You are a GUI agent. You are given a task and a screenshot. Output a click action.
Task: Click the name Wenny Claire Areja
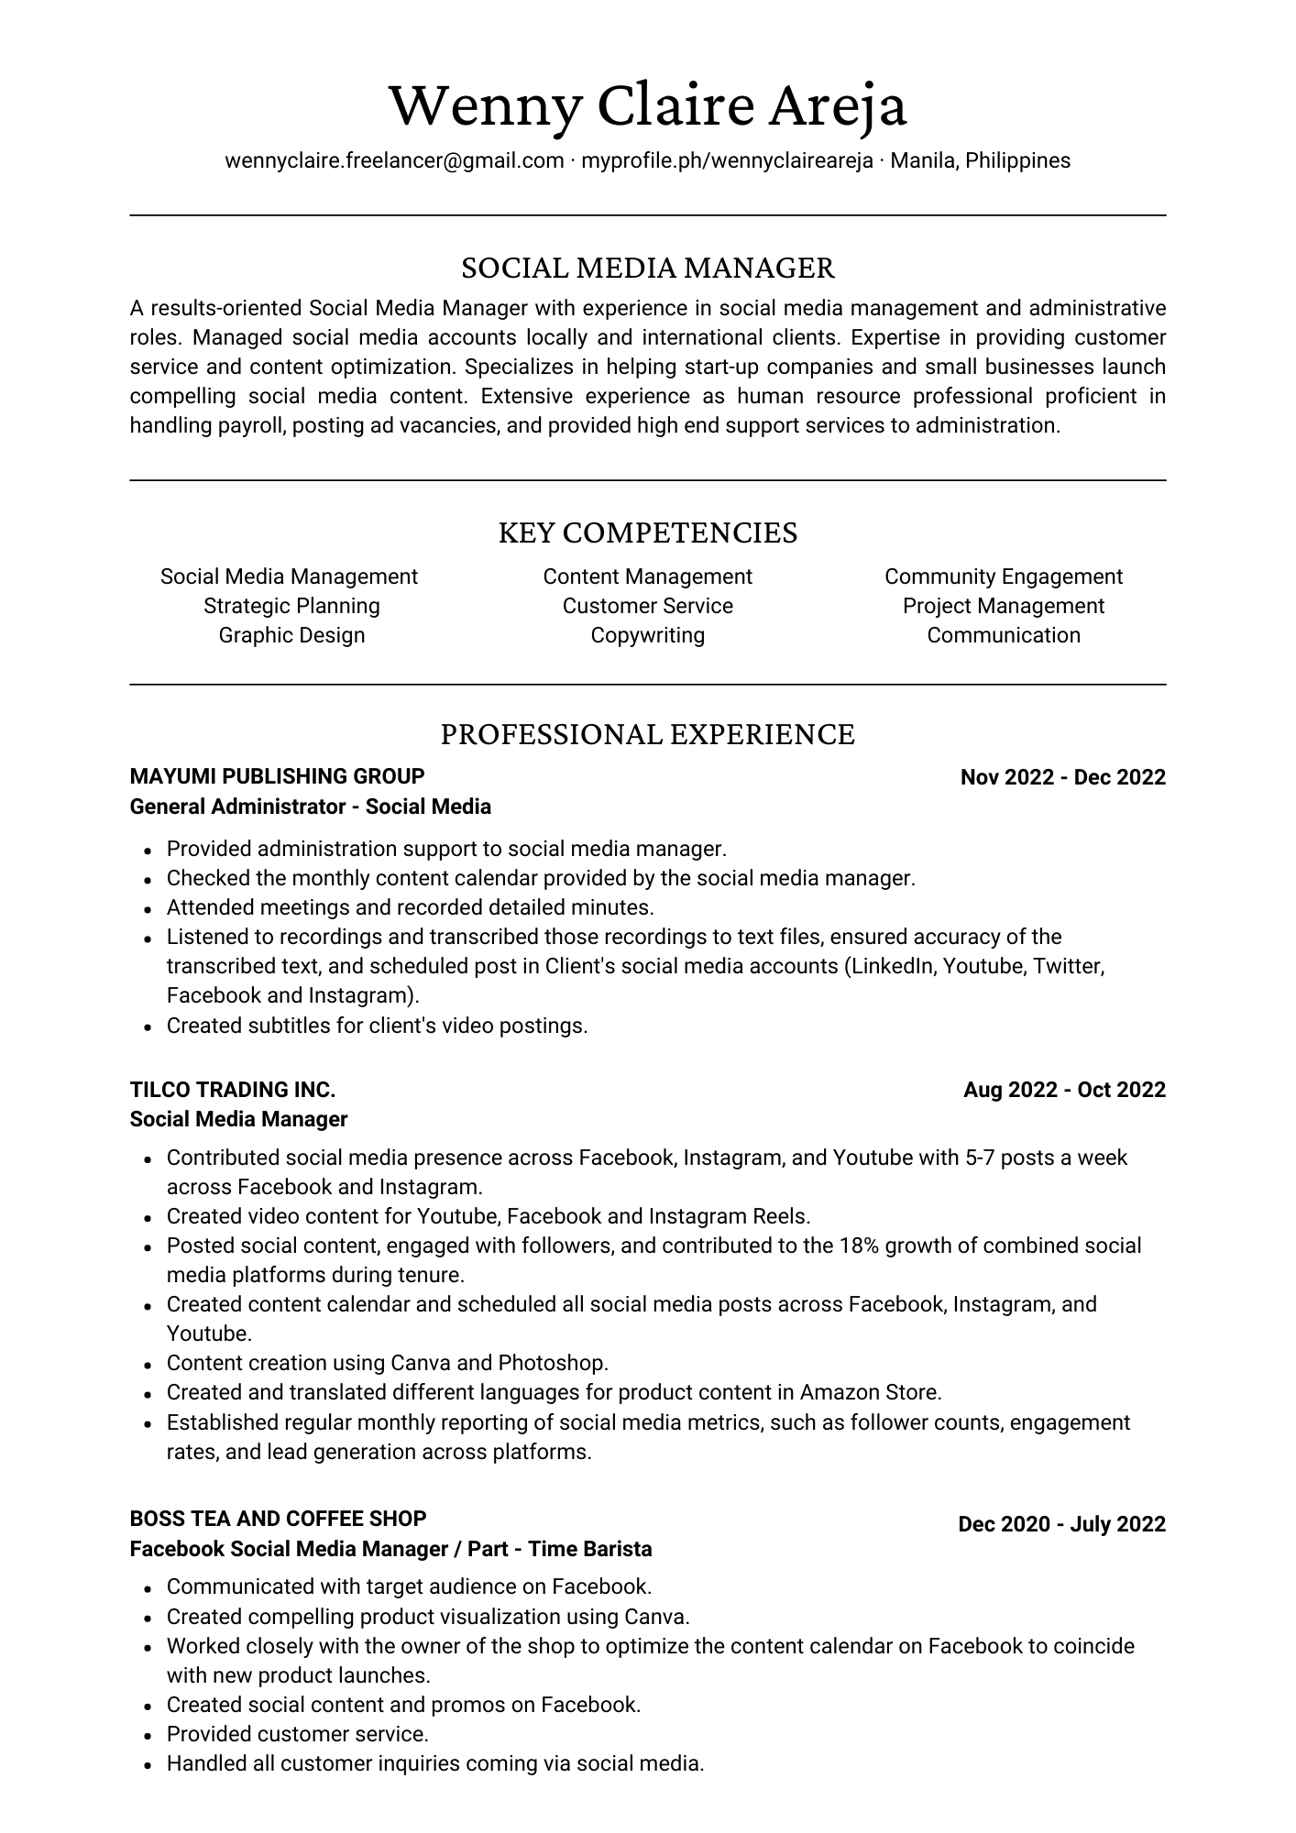[x=648, y=105]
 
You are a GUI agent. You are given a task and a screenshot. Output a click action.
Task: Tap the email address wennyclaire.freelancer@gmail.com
[x=394, y=161]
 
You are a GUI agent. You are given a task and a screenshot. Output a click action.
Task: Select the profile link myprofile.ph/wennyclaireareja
[x=727, y=161]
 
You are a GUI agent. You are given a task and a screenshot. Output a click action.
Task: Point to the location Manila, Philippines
[x=980, y=161]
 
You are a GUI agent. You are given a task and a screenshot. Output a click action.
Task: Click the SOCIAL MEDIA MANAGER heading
[x=648, y=268]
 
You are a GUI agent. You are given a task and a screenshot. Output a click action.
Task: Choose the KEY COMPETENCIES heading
[x=648, y=532]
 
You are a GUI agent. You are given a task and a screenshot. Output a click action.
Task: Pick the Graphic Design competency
[x=291, y=635]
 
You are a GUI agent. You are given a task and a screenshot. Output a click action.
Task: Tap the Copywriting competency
[x=647, y=635]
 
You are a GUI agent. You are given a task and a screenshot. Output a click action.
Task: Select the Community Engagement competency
[x=1004, y=576]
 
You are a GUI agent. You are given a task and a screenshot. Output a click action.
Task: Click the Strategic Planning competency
[x=291, y=606]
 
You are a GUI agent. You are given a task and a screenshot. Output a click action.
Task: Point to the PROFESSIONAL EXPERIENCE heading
[x=648, y=734]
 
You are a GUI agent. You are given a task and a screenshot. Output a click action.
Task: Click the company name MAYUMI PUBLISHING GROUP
[x=277, y=777]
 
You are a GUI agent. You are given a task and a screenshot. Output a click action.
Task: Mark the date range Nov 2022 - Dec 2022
[x=1062, y=778]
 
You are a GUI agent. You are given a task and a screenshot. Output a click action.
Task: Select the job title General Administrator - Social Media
[x=310, y=807]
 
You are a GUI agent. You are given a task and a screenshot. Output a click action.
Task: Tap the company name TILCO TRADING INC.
[x=233, y=1090]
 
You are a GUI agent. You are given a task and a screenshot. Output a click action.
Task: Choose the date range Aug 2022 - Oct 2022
[x=1064, y=1090]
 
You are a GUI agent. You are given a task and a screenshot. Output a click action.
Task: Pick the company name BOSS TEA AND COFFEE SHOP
[x=278, y=1519]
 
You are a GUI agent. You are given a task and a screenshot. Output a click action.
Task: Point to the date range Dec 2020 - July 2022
[x=1061, y=1524]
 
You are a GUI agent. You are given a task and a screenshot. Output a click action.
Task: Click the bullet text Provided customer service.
[x=297, y=1734]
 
